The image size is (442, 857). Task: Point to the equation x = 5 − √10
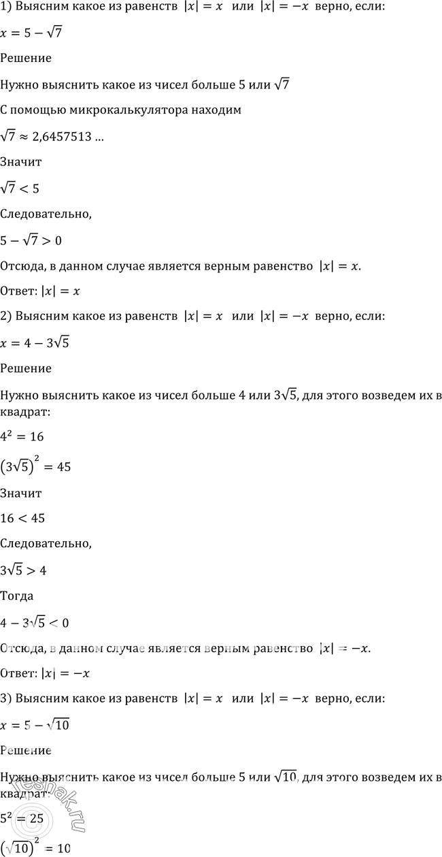click(x=36, y=725)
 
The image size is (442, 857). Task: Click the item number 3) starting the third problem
click(x=7, y=699)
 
